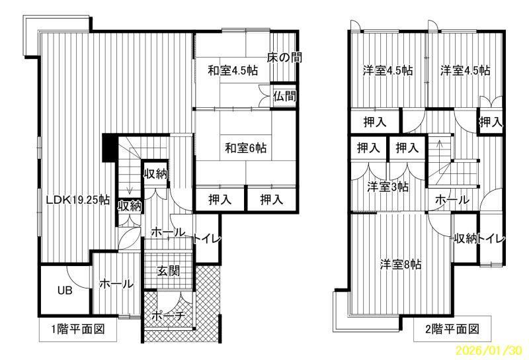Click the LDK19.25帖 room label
coord(78,200)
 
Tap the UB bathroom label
coord(65,290)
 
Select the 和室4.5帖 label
coord(233,71)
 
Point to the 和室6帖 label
coord(246,148)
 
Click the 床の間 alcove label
coord(284,58)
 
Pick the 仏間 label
coord(285,96)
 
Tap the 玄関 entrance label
coord(169,271)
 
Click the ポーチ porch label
coord(169,316)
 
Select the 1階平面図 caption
coord(78,329)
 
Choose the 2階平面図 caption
coord(452,329)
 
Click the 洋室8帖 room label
coord(401,264)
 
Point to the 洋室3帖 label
coord(387,187)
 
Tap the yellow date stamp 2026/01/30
coord(489,350)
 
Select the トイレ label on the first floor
coord(207,238)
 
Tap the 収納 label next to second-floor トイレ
coord(465,238)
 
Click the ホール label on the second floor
coord(452,200)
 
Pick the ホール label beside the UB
coord(116,283)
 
